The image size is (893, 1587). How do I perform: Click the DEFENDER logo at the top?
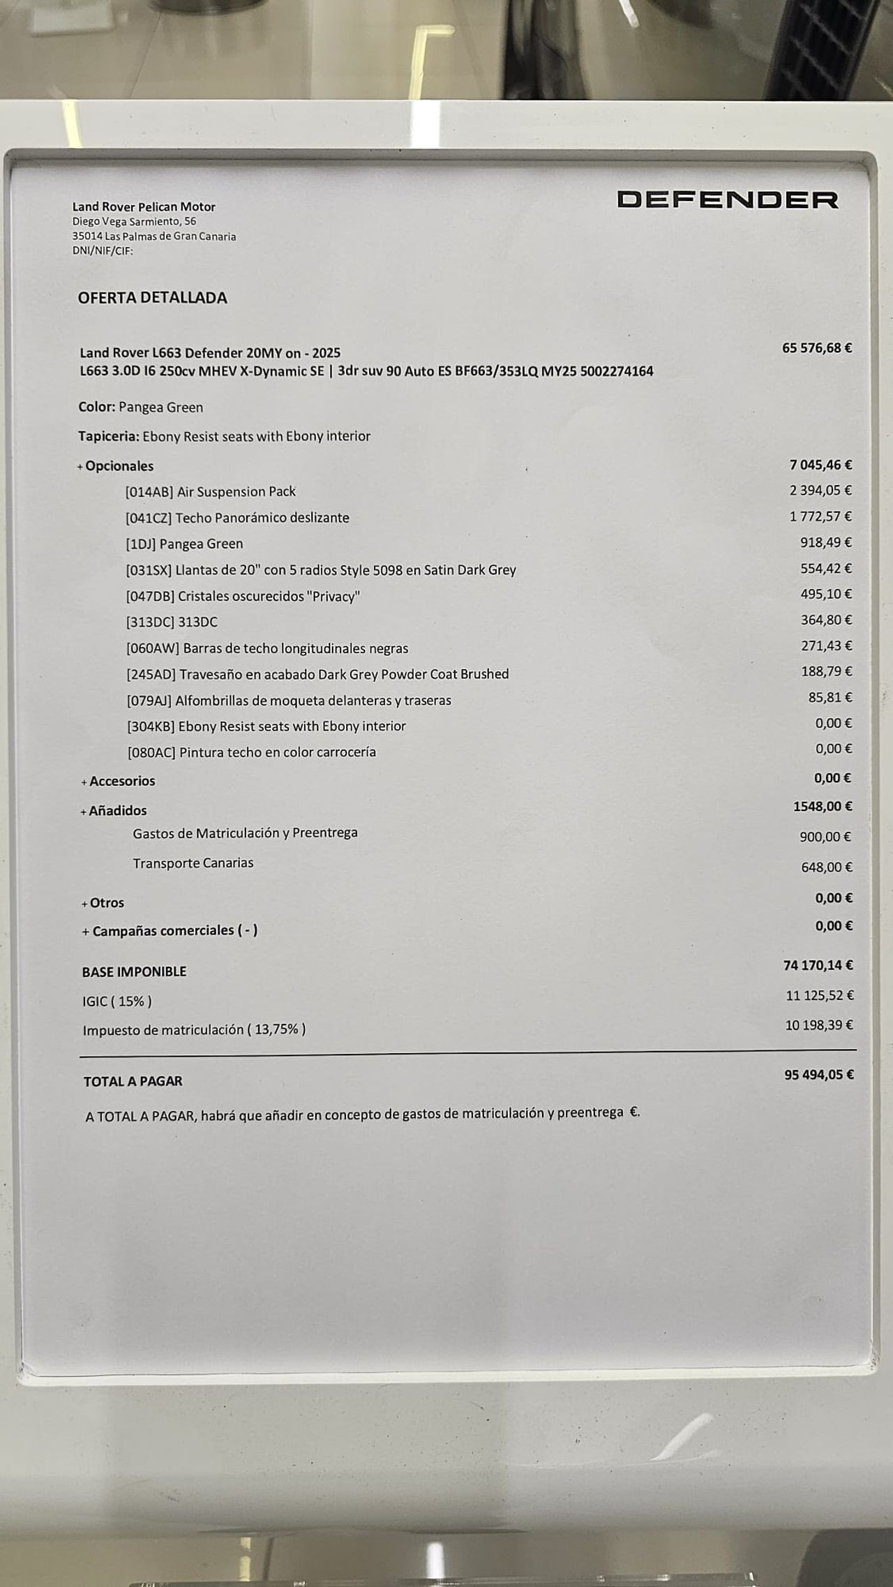click(x=728, y=200)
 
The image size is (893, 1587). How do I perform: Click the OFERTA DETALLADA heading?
click(x=152, y=298)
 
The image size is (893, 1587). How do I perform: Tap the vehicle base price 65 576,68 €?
click(x=816, y=348)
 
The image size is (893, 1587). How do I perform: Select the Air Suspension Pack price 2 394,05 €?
click(x=820, y=491)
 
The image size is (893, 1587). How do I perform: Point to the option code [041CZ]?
click(x=149, y=518)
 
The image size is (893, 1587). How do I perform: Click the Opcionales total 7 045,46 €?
click(x=820, y=465)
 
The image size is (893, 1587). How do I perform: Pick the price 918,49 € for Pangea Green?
click(x=825, y=542)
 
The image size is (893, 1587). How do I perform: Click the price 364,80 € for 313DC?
click(x=826, y=620)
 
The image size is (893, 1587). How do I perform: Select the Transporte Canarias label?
click(x=193, y=863)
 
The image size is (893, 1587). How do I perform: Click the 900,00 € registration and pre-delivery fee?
click(x=825, y=837)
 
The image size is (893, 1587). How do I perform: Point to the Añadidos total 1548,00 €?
click(x=823, y=807)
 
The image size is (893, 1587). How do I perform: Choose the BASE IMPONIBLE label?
click(x=134, y=971)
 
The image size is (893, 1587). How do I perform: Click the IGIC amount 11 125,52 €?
click(x=819, y=996)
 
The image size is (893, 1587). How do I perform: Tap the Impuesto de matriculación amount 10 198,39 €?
click(x=819, y=1025)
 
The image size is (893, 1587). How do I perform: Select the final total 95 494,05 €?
click(x=818, y=1075)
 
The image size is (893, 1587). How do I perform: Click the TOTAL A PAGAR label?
click(x=133, y=1081)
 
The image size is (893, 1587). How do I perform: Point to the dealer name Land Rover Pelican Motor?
click(x=144, y=207)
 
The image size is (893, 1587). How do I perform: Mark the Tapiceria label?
click(x=108, y=437)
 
